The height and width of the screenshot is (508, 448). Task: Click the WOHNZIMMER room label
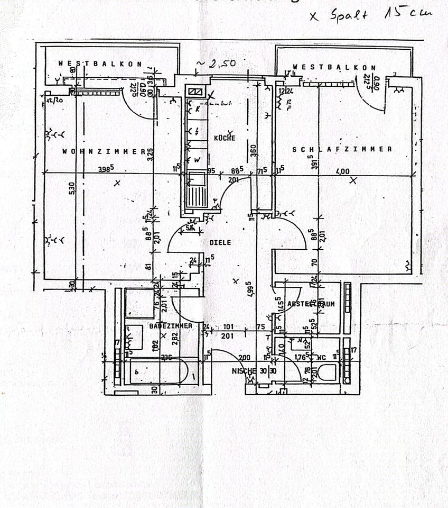pos(104,151)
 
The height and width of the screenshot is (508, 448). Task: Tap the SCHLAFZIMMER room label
pos(342,149)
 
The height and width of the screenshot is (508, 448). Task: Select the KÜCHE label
pos(225,138)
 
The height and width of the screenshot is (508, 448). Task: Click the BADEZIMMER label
pos(170,326)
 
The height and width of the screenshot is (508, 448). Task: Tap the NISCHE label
pos(244,371)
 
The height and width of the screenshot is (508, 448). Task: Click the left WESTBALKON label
pos(100,63)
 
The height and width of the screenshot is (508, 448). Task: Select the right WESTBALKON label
pos(334,67)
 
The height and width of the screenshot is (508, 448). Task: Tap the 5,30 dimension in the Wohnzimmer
pos(72,188)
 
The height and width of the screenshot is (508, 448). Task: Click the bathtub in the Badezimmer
pos(157,371)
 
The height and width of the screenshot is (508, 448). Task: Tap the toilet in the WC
pos(328,373)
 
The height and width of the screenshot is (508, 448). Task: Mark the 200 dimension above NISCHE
pos(244,358)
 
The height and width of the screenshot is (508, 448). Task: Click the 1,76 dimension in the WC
pos(301,357)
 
